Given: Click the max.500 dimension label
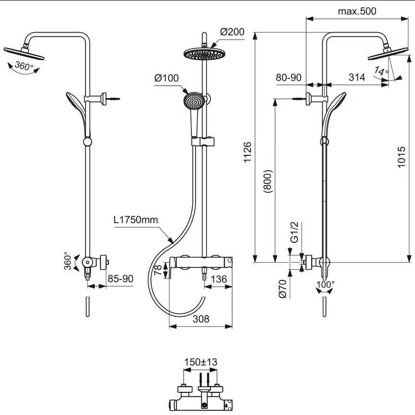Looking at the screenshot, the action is (357, 11).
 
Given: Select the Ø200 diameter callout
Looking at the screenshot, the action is (232, 32).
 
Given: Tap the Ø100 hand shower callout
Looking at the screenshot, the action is (166, 78).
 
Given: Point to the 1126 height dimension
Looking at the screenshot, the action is (247, 152).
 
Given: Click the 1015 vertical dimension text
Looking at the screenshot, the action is (402, 157).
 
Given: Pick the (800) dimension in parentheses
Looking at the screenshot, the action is (268, 181).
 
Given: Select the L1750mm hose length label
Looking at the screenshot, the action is (136, 220).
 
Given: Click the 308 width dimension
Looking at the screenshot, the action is (201, 319).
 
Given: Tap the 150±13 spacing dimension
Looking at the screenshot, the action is (201, 362).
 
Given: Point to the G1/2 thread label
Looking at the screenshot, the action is (294, 232).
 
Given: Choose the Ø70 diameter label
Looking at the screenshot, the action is (283, 289).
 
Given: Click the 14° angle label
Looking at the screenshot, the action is (381, 71).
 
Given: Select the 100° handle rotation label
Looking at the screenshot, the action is (325, 285).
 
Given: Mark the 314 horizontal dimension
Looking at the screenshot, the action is (357, 77).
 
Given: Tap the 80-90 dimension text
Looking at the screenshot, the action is (289, 77).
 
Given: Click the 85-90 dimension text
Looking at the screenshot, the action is (120, 279).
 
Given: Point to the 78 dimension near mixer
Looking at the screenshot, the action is (158, 270).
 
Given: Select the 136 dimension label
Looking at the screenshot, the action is (219, 279).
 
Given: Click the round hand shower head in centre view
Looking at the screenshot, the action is (193, 101).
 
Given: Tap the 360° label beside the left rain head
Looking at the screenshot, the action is (24, 65).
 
